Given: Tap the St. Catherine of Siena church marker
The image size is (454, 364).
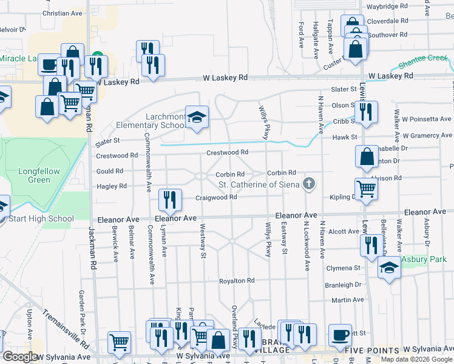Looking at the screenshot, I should click(x=310, y=184).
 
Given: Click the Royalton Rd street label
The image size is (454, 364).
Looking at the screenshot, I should click(x=237, y=281).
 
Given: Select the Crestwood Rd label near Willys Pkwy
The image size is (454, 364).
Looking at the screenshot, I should click(x=227, y=152).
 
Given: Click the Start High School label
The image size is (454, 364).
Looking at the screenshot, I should click(x=40, y=218).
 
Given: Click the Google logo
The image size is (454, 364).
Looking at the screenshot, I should click(x=20, y=356).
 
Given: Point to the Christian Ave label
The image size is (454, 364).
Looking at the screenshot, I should click(x=63, y=13).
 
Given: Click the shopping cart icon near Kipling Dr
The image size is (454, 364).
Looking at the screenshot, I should click(x=366, y=189).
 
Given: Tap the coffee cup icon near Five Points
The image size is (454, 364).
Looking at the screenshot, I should click(x=340, y=334).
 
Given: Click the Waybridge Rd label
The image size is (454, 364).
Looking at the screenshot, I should click(x=386, y=6).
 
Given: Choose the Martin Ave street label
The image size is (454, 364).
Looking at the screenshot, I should click(x=347, y=300).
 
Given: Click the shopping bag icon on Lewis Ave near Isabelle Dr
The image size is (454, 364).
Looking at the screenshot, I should click(x=367, y=157).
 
